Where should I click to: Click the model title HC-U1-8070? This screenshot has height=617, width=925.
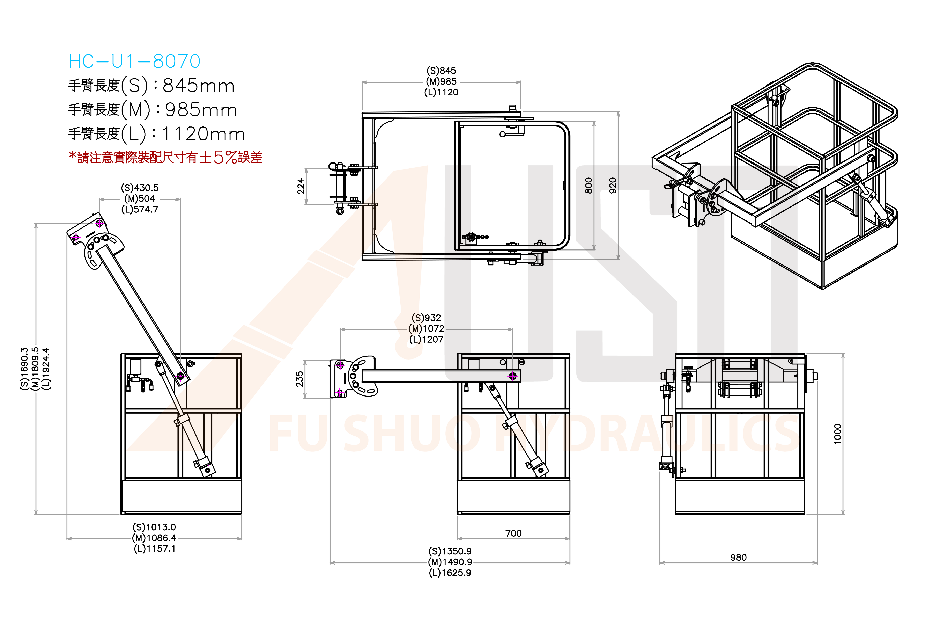[134, 61]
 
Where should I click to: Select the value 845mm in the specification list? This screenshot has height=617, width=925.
[199, 86]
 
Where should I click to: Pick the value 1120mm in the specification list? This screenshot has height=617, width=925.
[203, 134]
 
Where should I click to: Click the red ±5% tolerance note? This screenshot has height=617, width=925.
[165, 157]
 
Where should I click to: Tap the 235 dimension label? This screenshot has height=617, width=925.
[300, 379]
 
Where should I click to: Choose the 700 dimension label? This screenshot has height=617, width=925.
[513, 533]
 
